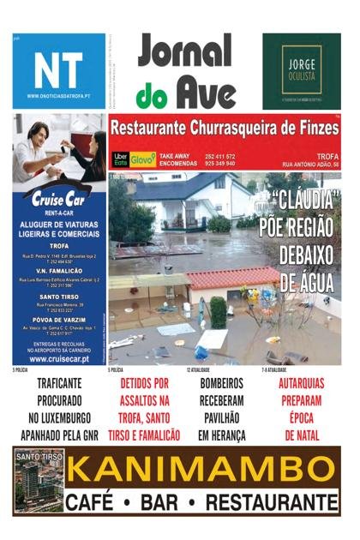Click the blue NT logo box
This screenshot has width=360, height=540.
58,71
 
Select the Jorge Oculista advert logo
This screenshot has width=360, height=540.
301,71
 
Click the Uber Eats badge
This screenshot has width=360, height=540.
121,159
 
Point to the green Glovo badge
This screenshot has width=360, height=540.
143,159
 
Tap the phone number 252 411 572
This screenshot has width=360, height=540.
220,155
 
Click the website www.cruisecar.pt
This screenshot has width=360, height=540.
58,358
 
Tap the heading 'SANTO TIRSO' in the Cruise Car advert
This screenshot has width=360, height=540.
59,296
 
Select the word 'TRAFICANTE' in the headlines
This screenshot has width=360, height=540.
59,383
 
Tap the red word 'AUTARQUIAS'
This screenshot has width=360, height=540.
302,383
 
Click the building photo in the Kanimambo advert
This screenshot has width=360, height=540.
39,480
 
